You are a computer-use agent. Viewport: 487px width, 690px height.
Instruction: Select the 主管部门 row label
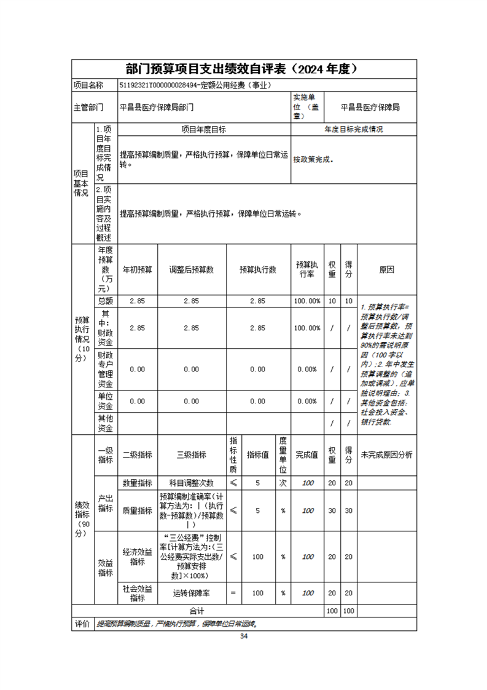pyautogui.click(x=88, y=107)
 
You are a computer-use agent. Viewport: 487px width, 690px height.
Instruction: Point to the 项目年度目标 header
pyautogui.click(x=203, y=130)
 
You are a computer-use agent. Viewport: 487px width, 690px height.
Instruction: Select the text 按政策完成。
pyautogui.click(x=313, y=159)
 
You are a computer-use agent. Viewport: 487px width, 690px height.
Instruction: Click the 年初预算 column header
pyautogui.click(x=137, y=270)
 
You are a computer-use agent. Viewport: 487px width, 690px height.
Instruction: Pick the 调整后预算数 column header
pyautogui.click(x=192, y=270)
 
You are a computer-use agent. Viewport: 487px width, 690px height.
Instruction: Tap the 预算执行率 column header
pyautogui.click(x=307, y=270)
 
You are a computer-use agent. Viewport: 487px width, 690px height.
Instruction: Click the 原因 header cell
pyautogui.click(x=386, y=270)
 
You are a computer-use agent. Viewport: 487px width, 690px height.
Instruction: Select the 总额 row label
pyautogui.click(x=105, y=301)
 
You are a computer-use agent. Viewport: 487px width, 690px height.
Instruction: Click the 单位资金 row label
pyautogui.click(x=105, y=401)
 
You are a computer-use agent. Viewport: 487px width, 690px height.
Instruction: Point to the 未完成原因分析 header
pyautogui.click(x=386, y=455)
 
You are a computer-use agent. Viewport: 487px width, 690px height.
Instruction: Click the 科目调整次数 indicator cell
pyautogui.click(x=192, y=483)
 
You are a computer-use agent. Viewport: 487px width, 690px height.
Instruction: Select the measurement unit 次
pyautogui.click(x=283, y=483)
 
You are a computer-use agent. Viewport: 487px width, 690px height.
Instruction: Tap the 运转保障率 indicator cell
pyautogui.click(x=192, y=593)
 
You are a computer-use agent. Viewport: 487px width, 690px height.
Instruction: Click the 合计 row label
pyautogui.click(x=197, y=611)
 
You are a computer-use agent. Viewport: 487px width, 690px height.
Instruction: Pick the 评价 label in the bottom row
pyautogui.click(x=82, y=624)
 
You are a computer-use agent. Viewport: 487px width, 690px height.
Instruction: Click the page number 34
pyautogui.click(x=244, y=637)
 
